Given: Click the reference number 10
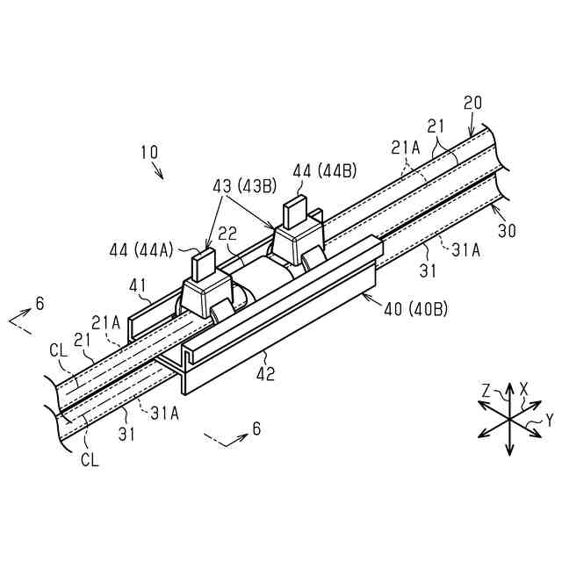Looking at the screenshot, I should [148, 151].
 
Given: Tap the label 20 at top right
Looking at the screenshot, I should [473, 104].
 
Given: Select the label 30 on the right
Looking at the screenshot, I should [508, 230].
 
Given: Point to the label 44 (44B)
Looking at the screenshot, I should [324, 169].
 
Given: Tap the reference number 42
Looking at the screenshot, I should [265, 374].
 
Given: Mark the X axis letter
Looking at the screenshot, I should [523, 387].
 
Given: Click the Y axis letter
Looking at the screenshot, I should [549, 421].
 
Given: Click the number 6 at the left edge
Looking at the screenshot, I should [40, 303].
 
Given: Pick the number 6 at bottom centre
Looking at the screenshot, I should [256, 429].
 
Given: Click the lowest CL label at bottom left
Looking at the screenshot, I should [90, 459].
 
